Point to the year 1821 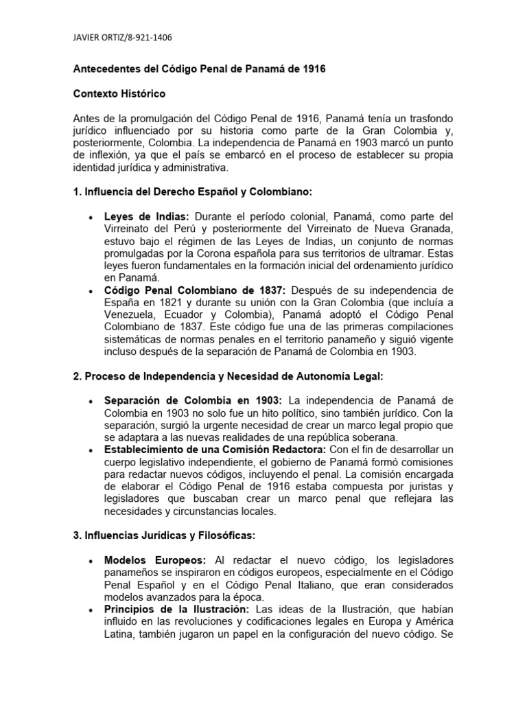pyautogui.click(x=175, y=303)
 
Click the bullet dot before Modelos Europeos pyautogui.click(x=91, y=561)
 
